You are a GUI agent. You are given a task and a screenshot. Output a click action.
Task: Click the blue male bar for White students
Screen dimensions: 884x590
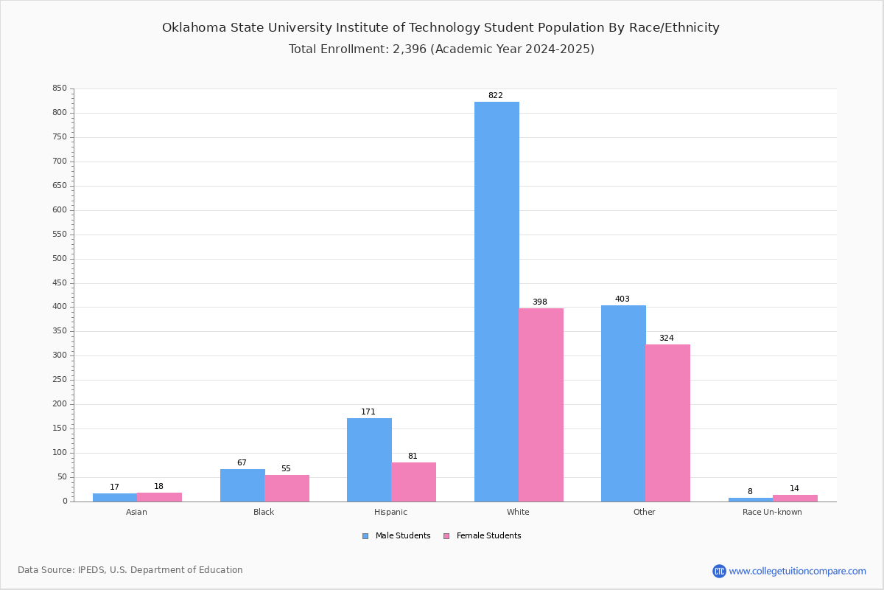497,302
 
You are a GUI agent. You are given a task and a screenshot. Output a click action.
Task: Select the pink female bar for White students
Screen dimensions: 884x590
541,405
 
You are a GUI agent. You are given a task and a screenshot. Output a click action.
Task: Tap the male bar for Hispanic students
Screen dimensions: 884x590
369,460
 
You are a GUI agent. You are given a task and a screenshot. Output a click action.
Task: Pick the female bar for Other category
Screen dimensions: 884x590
667,423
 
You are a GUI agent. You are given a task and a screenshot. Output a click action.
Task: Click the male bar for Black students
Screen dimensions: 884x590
242,485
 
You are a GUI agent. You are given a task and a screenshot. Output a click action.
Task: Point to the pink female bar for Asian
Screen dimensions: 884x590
159,497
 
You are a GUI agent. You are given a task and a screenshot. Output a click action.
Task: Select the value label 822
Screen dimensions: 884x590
496,95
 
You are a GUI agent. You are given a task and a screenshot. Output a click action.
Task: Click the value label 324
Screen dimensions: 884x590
667,338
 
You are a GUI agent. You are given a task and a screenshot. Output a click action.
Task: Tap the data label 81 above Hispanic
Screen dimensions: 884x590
413,456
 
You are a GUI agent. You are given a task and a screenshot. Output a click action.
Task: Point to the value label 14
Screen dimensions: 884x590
794,488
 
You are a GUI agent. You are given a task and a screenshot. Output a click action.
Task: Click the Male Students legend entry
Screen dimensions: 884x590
396,535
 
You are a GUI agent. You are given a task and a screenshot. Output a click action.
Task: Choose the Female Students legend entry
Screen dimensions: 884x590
483,535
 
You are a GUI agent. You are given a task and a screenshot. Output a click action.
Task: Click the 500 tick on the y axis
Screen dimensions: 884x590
60,258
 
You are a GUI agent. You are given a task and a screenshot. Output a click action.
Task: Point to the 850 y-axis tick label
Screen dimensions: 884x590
60,88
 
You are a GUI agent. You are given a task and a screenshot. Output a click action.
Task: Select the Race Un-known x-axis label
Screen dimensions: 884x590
772,512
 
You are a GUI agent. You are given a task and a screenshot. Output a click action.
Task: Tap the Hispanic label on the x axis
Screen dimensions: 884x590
390,512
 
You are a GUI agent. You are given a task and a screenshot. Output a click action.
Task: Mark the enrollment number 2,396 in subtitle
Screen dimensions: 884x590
410,49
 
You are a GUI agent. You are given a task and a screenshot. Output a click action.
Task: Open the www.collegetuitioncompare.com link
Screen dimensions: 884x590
797,571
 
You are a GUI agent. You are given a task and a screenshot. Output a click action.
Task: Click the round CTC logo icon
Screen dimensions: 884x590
719,571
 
